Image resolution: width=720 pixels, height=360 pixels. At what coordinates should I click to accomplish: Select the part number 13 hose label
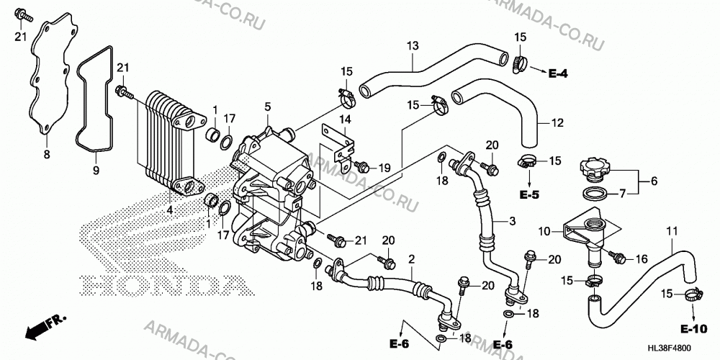click(413, 46)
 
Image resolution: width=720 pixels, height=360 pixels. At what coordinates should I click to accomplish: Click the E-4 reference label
click(558, 73)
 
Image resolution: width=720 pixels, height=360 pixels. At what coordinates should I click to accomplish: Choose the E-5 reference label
click(529, 194)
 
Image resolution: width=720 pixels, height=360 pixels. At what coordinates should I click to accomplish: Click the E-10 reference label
click(693, 329)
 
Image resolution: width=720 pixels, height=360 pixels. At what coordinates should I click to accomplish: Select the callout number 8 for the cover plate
click(46, 155)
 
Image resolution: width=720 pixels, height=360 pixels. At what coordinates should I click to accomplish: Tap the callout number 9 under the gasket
click(96, 171)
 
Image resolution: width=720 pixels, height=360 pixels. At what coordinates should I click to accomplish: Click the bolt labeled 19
click(363, 166)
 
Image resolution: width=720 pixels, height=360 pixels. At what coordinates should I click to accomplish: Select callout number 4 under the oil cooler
click(170, 210)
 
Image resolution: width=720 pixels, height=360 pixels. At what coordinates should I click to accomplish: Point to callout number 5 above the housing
click(268, 107)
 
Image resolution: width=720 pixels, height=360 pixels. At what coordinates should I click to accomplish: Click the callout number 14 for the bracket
click(345, 120)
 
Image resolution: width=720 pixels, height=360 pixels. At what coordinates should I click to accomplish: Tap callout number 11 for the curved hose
click(672, 233)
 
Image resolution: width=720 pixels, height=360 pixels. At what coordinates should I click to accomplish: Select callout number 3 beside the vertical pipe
click(512, 221)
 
